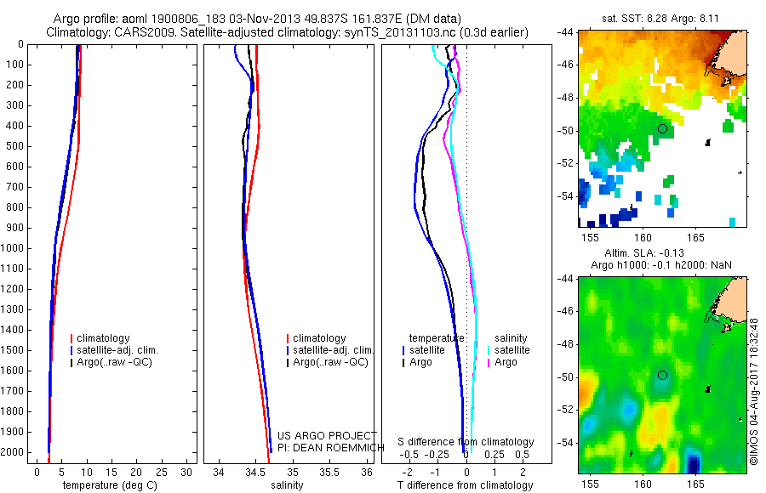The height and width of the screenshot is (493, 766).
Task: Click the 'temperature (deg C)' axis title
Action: pyautogui.click(x=111, y=485)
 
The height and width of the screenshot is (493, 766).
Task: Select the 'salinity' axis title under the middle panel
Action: pyautogui.click(x=288, y=485)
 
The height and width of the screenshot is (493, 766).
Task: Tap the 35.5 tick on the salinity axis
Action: pyautogui.click(x=329, y=473)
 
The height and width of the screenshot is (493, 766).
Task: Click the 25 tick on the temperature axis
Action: pyautogui.click(x=161, y=473)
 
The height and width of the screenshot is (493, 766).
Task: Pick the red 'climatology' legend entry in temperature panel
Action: pyautogui.click(x=100, y=338)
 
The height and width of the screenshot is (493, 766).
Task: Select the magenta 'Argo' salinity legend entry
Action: pyautogui.click(x=501, y=362)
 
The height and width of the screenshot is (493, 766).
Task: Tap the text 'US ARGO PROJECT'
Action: pyautogui.click(x=327, y=435)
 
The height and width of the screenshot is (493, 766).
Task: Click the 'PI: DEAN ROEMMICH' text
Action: pyautogui.click(x=331, y=448)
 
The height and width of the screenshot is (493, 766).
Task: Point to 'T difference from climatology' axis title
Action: pyautogui.click(x=465, y=485)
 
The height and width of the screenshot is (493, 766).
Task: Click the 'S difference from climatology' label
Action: pyautogui.click(x=466, y=442)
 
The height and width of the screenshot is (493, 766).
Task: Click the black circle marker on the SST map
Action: pyautogui.click(x=662, y=129)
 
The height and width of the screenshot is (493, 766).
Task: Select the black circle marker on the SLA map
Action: pyautogui.click(x=662, y=375)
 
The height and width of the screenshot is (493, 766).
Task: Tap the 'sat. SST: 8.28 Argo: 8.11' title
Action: pyautogui.click(x=660, y=19)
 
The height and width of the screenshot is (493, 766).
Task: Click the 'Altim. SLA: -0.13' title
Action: pyautogui.click(x=644, y=252)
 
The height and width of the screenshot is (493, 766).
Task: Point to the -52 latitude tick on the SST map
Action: pyautogui.click(x=566, y=163)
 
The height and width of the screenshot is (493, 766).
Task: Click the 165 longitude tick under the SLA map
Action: pyautogui.click(x=695, y=484)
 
